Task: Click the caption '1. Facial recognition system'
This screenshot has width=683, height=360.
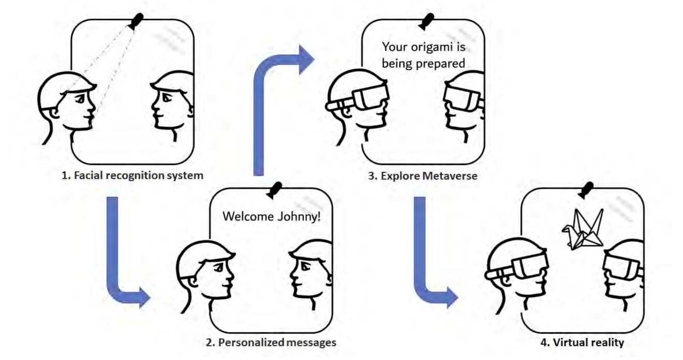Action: click(132, 175)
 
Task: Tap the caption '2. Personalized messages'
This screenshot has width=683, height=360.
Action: click(271, 342)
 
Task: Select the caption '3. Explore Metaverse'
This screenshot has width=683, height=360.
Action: click(423, 176)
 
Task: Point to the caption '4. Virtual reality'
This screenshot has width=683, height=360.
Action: click(582, 342)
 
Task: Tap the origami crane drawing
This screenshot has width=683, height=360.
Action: click(584, 230)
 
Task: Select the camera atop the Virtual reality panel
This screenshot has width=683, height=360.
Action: click(586, 190)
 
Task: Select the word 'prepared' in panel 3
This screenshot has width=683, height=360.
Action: click(444, 64)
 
